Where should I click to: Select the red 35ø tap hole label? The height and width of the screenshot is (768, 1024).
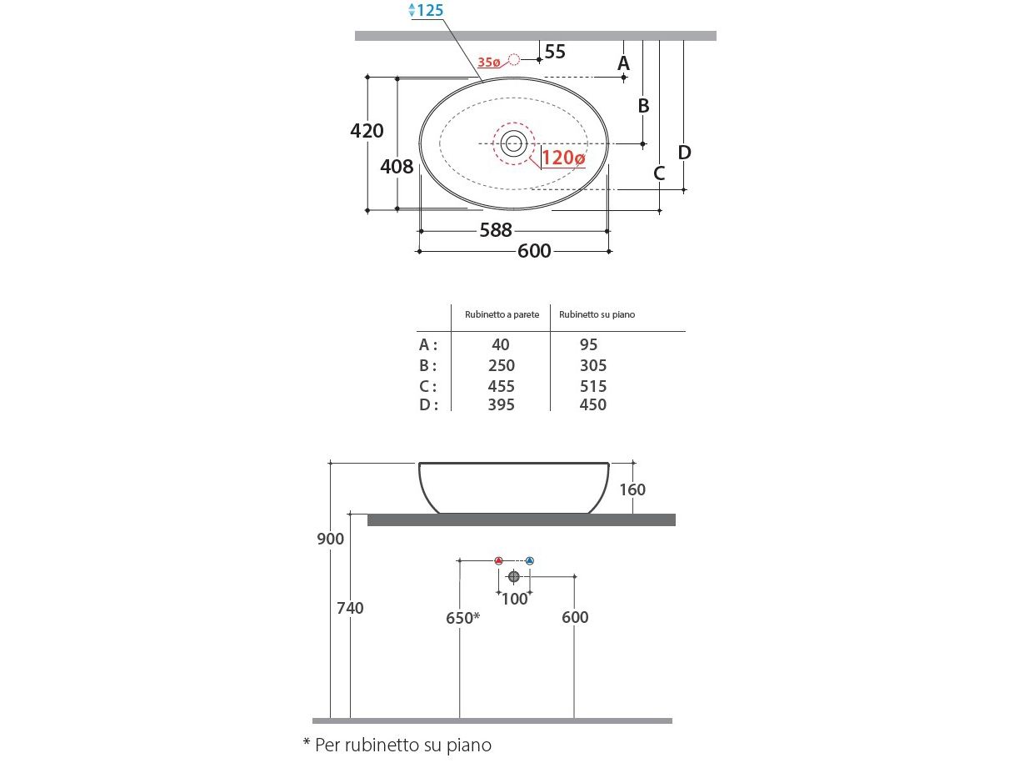[489, 62]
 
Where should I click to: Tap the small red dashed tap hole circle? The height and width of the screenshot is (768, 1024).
[514, 59]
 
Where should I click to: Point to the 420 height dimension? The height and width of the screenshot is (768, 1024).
[367, 131]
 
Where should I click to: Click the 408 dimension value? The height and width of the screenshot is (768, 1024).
[397, 166]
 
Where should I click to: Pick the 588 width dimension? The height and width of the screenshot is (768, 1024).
[495, 230]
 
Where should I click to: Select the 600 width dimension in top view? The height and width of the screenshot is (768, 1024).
[534, 251]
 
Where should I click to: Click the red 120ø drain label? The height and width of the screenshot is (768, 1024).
[563, 158]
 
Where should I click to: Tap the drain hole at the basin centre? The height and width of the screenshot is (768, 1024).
[513, 143]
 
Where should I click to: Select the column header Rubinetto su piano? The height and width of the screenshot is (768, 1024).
[597, 314]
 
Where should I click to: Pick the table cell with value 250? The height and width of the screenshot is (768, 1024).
[502, 365]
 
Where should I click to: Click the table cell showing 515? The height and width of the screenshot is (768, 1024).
[592, 386]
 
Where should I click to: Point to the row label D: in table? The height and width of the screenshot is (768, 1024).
[427, 405]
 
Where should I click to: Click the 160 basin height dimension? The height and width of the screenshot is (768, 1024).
[632, 489]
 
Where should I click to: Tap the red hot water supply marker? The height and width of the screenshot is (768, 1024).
[498, 560]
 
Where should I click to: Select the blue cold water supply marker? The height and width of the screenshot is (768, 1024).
[529, 560]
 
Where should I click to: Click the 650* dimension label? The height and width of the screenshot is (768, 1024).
[462, 618]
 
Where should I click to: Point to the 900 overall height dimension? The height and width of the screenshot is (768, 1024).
[331, 540]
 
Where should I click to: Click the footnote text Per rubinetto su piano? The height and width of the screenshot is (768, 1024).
[397, 745]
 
